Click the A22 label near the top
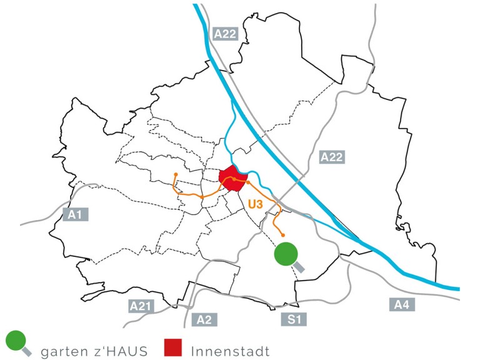coord(225,34)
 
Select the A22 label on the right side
coord(331,157)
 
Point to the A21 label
coord(141,306)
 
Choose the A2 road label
coord(204,319)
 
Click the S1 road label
coord(295,319)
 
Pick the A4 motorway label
coord(401,305)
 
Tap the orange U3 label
coord(254,204)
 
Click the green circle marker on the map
coord(286,254)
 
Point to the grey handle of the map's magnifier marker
coord(299,267)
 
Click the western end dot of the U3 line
coord(176,174)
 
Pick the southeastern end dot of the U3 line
coord(283,235)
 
